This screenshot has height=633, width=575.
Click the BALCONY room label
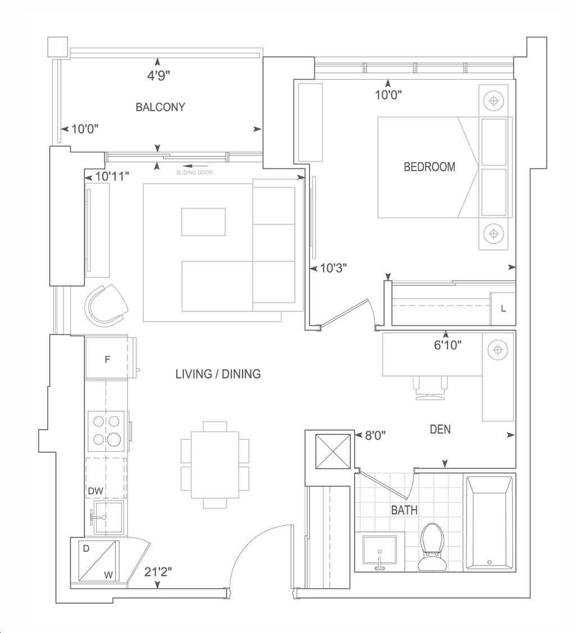click(161, 107)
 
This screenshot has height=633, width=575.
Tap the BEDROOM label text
click(430, 167)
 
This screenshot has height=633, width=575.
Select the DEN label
click(440, 429)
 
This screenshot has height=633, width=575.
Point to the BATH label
click(404, 510)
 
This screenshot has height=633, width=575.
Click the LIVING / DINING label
click(218, 374)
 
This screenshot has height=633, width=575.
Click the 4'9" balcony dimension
click(158, 76)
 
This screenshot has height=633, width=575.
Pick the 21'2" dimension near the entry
click(158, 572)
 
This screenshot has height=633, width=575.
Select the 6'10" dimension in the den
click(448, 345)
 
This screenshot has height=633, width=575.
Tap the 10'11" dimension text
click(112, 176)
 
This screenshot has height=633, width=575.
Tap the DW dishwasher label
click(96, 491)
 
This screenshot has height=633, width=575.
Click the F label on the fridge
click(107, 359)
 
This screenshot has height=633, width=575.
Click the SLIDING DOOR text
click(194, 172)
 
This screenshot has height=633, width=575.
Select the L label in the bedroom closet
click(503, 309)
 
